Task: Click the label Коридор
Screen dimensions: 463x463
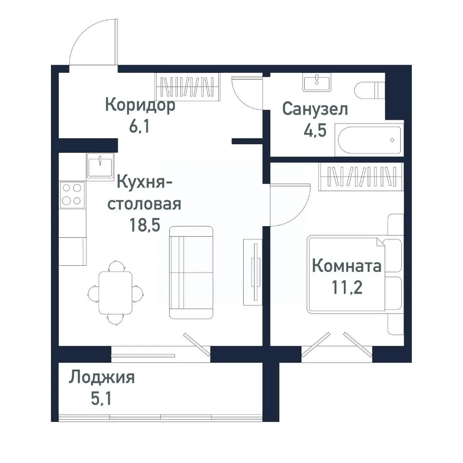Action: tap(140, 105)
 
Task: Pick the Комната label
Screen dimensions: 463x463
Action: tap(346, 266)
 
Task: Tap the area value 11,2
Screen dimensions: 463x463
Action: tap(346, 288)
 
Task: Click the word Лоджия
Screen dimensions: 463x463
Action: tap(101, 377)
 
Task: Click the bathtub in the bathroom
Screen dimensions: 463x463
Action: tap(369, 140)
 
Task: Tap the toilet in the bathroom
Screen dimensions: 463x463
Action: tap(369, 90)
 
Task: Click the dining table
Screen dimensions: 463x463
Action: tap(116, 292)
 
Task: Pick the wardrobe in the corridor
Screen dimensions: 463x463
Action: tap(188, 87)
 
